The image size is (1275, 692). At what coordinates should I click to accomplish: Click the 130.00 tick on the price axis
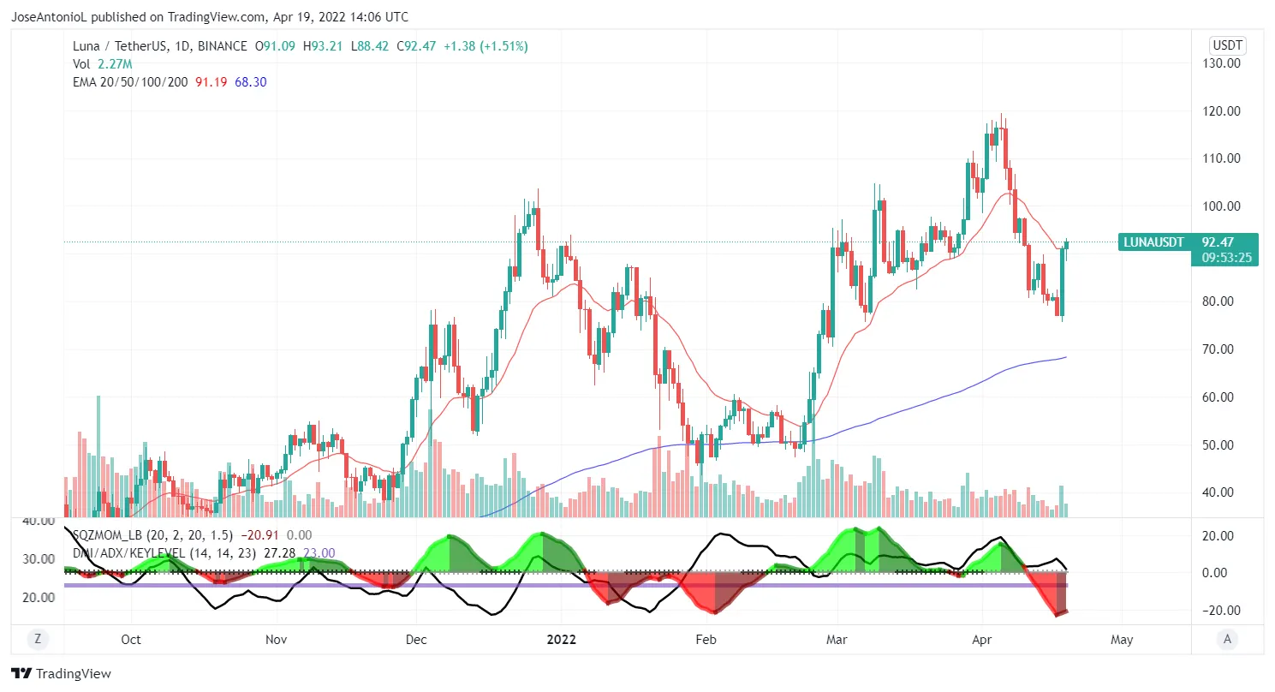pos(1224,63)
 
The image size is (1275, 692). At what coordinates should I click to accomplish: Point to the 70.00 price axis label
pos(1224,349)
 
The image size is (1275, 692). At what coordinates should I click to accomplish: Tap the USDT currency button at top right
pos(1227,45)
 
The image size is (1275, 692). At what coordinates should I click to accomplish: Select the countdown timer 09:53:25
pos(1227,257)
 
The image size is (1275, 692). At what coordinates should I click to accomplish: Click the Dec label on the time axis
pos(416,639)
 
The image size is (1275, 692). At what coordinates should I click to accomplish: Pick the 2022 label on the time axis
pos(561,639)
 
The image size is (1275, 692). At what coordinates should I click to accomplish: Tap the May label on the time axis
pos(1122,639)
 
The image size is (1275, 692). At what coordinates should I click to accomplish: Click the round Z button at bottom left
pos(37,639)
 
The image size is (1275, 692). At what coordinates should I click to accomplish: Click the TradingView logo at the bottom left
pos(62,674)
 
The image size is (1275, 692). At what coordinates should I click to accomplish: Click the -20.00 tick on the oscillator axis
pos(1221,611)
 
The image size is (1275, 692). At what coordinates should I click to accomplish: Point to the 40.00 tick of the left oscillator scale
pos(38,521)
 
